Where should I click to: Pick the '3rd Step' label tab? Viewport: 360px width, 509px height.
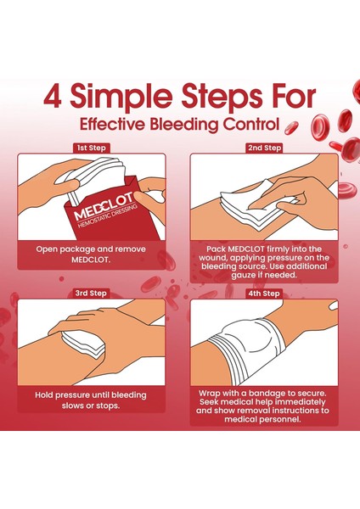tap(91, 293)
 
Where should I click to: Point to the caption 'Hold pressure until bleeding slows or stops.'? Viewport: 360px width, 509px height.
tap(91, 400)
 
